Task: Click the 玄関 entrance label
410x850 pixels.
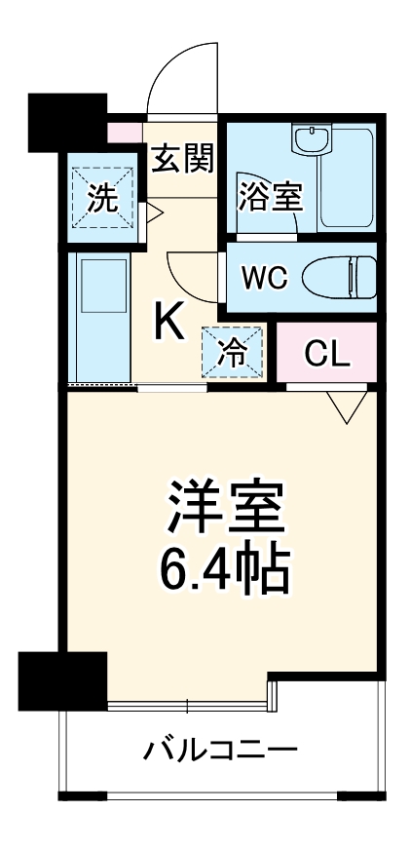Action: (182, 159)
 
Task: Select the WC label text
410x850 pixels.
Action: (265, 278)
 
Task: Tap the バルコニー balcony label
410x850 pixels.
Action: (221, 752)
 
